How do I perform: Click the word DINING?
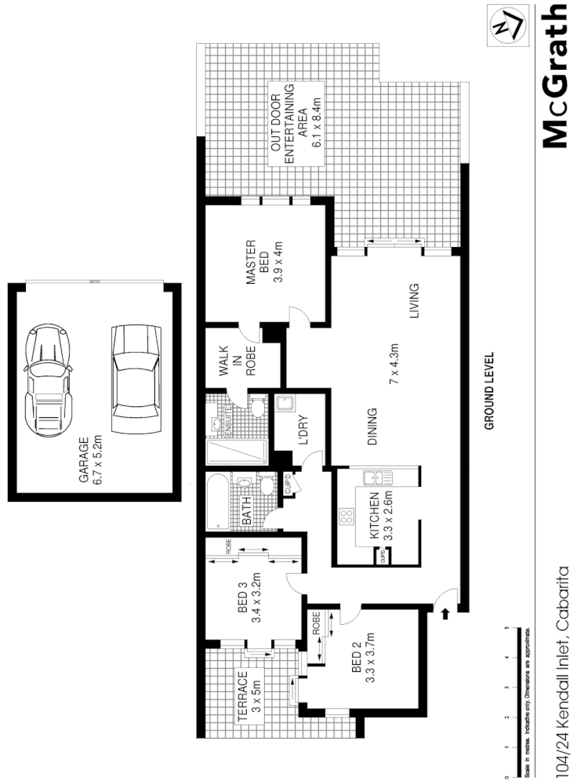pos(373,425)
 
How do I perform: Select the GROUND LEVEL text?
pos(489,390)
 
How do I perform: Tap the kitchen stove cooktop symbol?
pos(346,517)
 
